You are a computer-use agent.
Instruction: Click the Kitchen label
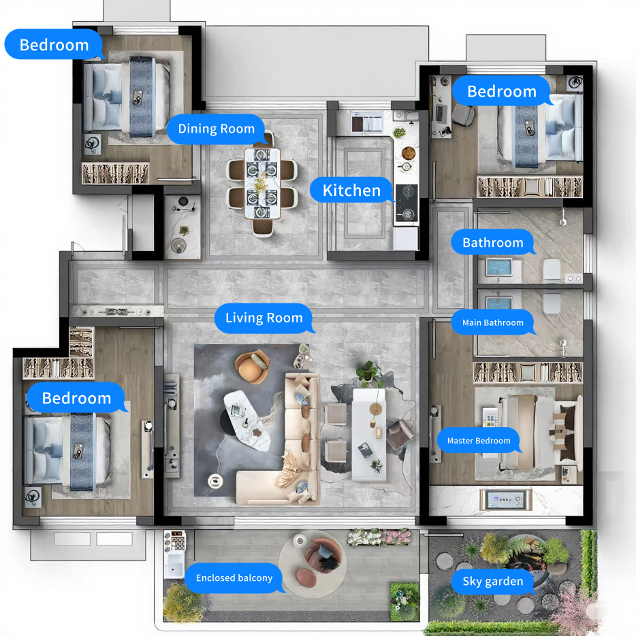(x=352, y=190)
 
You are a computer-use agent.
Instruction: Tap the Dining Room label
(x=217, y=129)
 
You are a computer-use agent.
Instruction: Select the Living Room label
(x=264, y=318)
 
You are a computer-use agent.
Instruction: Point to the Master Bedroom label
(x=479, y=441)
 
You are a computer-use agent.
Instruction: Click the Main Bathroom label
(x=492, y=322)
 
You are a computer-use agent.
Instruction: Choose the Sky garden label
(x=492, y=581)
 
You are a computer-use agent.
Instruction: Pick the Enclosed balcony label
(x=234, y=578)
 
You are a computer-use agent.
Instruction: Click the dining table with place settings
(x=262, y=184)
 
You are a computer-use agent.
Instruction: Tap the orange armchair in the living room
(x=253, y=367)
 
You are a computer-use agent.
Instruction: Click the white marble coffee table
(x=247, y=420)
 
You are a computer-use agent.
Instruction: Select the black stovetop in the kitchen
(x=406, y=203)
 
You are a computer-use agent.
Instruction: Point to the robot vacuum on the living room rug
(x=215, y=481)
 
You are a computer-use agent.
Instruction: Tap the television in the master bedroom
(x=506, y=500)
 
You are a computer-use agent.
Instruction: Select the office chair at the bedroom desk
(x=464, y=115)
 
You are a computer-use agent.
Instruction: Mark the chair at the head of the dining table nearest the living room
(x=262, y=227)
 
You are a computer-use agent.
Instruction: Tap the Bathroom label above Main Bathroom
(x=492, y=243)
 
